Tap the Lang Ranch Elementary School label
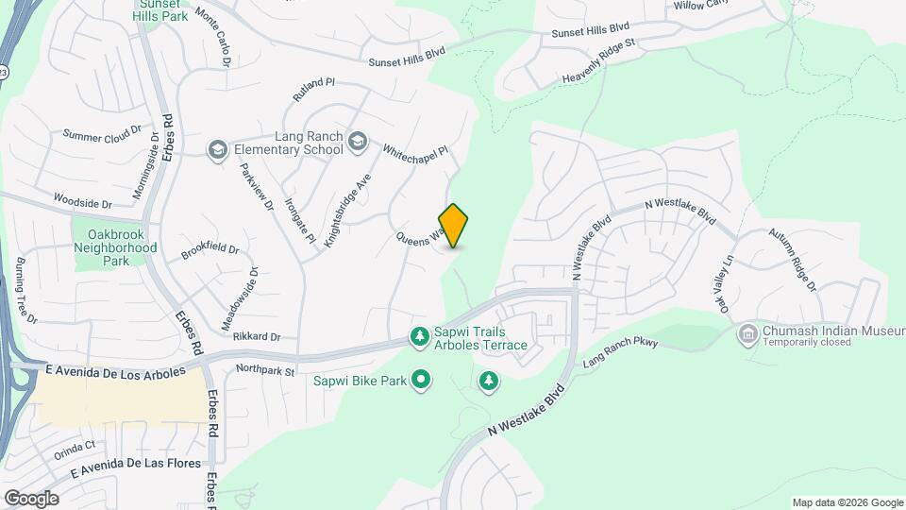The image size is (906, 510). [282, 143]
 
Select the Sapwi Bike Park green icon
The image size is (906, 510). [421, 381]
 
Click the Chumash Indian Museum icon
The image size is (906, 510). [748, 332]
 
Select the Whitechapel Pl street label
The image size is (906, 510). [414, 151]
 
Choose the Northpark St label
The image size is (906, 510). [266, 369]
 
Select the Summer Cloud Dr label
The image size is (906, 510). [102, 135]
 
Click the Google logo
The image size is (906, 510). [31, 499]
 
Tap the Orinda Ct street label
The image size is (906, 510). [76, 445]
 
